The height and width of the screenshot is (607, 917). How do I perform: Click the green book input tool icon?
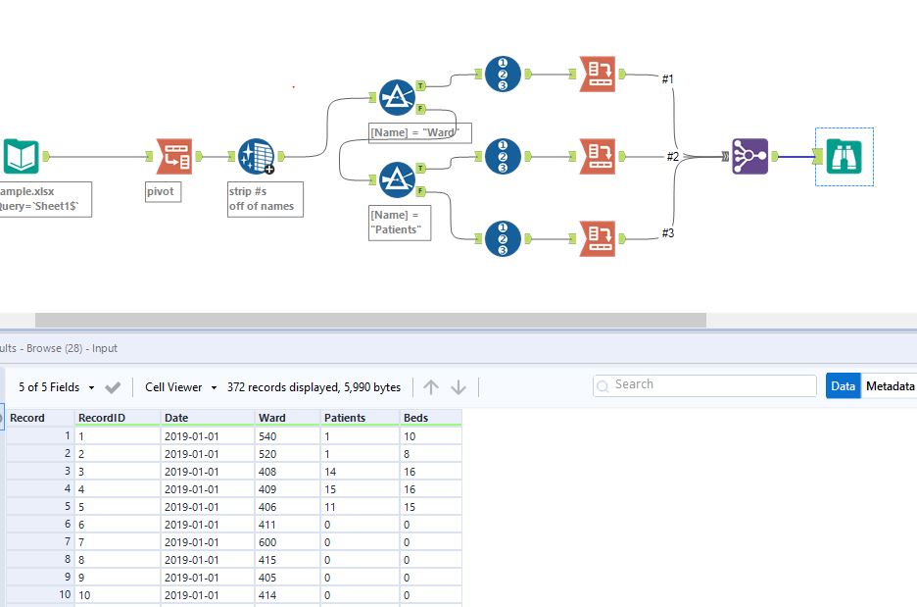pyautogui.click(x=21, y=156)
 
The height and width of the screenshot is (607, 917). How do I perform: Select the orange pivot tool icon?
pyautogui.click(x=177, y=156)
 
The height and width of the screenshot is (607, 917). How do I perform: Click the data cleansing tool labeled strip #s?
pyautogui.click(x=256, y=156)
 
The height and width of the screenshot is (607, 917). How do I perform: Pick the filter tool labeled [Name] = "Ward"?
pyautogui.click(x=396, y=98)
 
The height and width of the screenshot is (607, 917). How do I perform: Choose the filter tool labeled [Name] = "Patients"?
pyautogui.click(x=396, y=179)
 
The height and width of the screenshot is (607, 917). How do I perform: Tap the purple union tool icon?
pyautogui.click(x=750, y=156)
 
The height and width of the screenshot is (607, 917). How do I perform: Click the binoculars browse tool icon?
pyautogui.click(x=844, y=156)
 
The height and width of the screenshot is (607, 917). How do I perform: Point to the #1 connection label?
pyautogui.click(x=667, y=78)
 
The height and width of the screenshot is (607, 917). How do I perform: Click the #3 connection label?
pyautogui.click(x=667, y=232)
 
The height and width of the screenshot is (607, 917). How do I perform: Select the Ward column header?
pyautogui.click(x=272, y=418)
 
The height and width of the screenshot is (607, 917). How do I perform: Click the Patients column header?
pyautogui.click(x=344, y=418)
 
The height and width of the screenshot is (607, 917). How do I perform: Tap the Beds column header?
pyautogui.click(x=416, y=418)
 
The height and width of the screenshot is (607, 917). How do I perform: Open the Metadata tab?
pyautogui.click(x=889, y=386)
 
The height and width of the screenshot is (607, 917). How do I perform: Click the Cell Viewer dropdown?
pyautogui.click(x=180, y=387)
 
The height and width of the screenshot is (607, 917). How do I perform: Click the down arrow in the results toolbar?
pyautogui.click(x=458, y=387)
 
